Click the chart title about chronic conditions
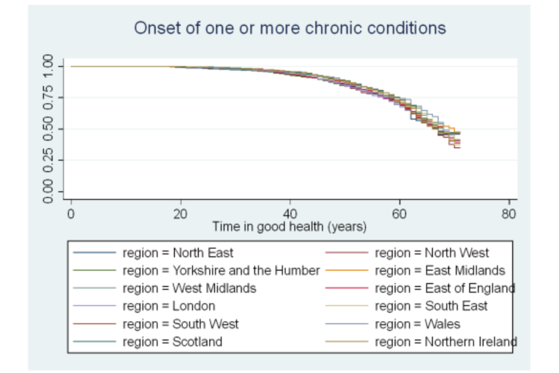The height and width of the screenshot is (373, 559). tap(290, 28)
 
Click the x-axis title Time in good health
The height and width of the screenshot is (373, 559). tap(289, 227)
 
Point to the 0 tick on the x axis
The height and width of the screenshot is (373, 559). tap(70, 214)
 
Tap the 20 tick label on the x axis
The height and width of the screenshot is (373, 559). tap(180, 214)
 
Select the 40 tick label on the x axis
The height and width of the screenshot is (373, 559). tap(289, 214)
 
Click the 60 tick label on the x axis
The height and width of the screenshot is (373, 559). tap(399, 214)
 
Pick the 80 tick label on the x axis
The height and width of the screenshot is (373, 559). tap(508, 214)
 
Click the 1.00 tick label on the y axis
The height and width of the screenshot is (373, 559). tap(49, 66)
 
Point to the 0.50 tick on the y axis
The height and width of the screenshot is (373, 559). tap(49, 129)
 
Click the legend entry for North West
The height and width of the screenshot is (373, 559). tap(431, 253)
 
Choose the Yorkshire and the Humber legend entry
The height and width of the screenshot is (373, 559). tap(221, 270)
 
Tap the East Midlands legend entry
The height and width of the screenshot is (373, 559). tap(440, 270)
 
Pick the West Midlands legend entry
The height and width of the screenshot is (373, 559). tap(189, 288)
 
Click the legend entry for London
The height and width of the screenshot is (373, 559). tap(168, 306)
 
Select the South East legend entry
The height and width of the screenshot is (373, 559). tap(431, 306)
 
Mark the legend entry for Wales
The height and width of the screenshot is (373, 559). tap(417, 324)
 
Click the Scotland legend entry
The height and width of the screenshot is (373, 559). tap(172, 342)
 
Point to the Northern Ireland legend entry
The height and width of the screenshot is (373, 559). tap(445, 342)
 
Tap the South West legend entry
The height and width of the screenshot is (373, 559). tap(180, 324)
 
